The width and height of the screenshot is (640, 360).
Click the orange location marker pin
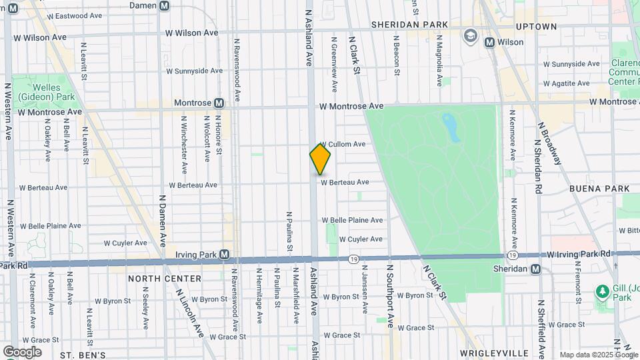point(320,159)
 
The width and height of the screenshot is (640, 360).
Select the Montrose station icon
point(218,103)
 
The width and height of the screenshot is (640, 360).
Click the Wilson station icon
point(489,42)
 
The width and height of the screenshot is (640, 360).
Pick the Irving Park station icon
point(225,255)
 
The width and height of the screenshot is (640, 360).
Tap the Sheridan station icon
point(535,269)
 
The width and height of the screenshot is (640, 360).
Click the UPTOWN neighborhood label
point(536,27)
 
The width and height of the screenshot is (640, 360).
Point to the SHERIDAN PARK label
point(409,25)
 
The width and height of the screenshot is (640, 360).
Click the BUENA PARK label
point(599,189)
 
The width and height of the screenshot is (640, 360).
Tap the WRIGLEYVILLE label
point(494,353)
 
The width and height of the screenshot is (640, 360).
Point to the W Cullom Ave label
point(343,144)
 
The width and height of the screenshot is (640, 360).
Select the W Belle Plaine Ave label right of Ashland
point(352,220)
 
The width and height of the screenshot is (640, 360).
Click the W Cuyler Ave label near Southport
point(361,239)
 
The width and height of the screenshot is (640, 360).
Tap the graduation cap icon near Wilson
point(471,35)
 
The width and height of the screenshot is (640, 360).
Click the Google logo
point(22,352)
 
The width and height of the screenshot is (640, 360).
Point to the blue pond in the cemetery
point(452,127)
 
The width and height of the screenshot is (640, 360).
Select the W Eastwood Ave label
point(74,15)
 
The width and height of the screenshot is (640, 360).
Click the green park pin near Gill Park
point(603,291)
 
